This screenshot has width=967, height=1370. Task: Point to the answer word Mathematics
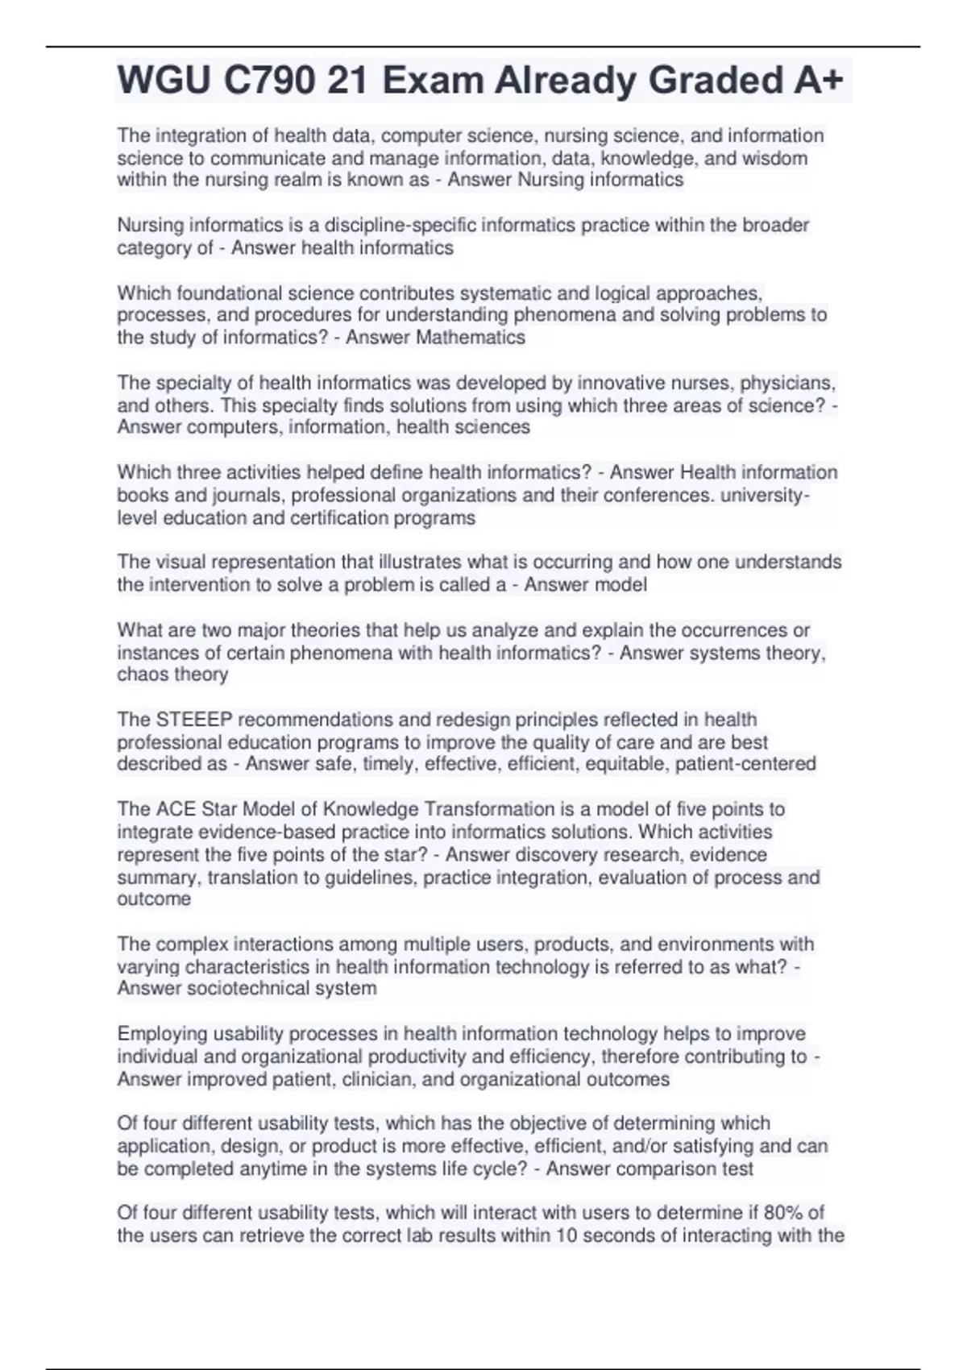tap(471, 338)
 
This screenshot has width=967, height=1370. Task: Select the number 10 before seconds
tap(567, 1235)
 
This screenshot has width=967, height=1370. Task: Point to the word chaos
tap(142, 675)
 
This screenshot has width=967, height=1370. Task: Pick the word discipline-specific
tap(392, 226)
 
